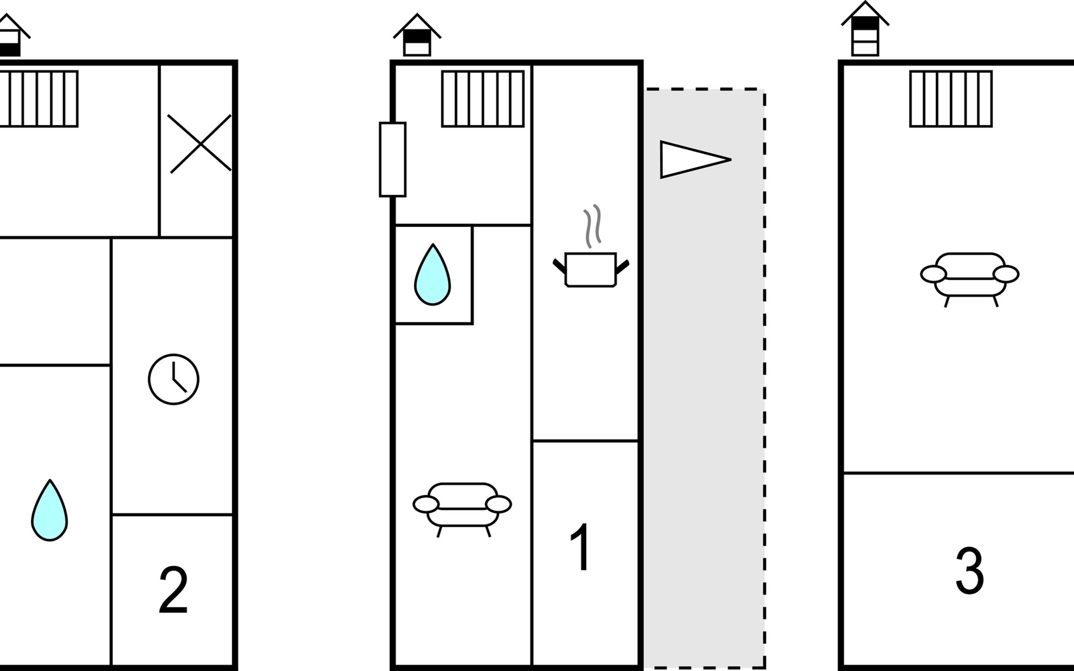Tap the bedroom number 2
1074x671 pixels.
coord(173,590)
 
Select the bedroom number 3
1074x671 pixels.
coord(969,570)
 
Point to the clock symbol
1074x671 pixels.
coord(173,379)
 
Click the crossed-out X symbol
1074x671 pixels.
coord(200,144)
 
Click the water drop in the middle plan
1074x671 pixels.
coord(432,275)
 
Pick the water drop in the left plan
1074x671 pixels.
coord(50,511)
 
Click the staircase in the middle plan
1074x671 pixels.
coord(483,99)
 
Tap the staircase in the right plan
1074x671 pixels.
coord(951,99)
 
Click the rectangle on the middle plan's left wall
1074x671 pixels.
coord(393,159)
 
